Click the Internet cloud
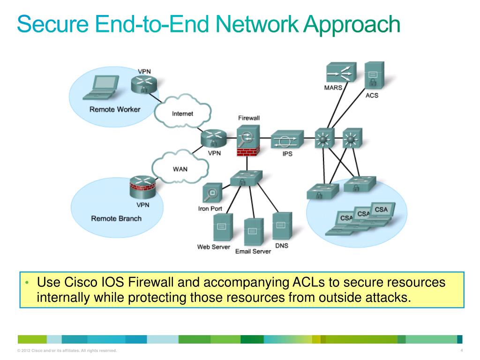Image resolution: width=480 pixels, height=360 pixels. [x=182, y=113]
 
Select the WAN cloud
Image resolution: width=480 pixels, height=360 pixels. [x=180, y=168]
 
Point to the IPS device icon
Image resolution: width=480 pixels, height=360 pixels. [x=287, y=139]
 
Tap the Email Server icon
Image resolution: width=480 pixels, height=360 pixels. [x=254, y=232]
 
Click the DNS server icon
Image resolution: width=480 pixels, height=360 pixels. [x=282, y=226]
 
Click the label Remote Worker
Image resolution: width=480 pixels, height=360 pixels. [x=115, y=109]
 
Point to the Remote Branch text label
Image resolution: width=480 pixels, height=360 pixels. [x=116, y=218]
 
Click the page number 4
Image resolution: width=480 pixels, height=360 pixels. [x=462, y=351]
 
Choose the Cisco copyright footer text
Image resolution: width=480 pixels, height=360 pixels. [x=67, y=351]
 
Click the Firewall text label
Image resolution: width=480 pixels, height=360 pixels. [x=248, y=118]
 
